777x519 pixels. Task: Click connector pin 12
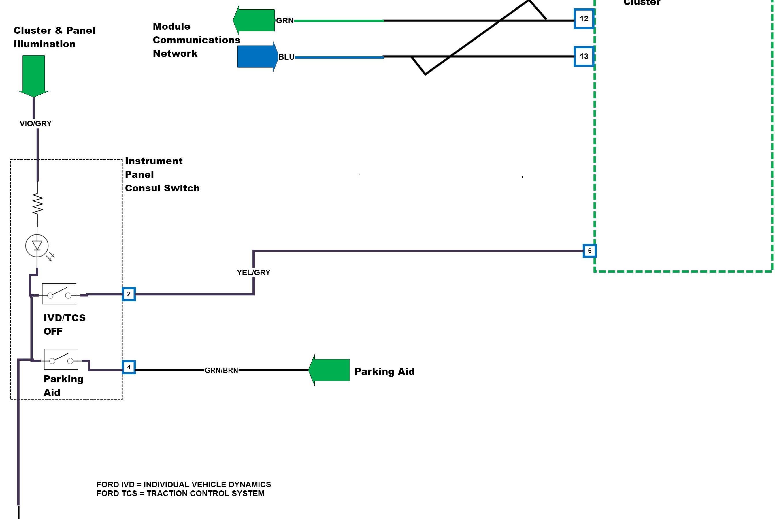click(584, 19)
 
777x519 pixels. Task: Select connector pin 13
click(584, 57)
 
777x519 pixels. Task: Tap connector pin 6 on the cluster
click(589, 251)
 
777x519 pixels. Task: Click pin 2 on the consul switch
click(129, 294)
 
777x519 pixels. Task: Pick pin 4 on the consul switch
click(129, 367)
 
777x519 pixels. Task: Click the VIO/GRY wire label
click(36, 123)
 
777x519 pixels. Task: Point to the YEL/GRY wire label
click(253, 273)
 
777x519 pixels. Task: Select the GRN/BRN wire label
click(221, 371)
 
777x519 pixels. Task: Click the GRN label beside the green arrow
click(285, 21)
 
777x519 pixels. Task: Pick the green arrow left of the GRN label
click(254, 20)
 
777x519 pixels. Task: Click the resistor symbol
click(37, 204)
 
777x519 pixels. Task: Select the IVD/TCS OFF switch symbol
click(59, 294)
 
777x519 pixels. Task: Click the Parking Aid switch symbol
click(61, 360)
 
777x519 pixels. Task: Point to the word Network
click(175, 54)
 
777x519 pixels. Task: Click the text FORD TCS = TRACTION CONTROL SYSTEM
click(180, 494)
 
